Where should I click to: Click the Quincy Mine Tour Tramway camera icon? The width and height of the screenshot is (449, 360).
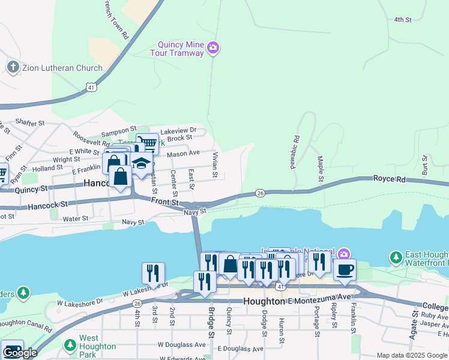pyautogui.click(x=212, y=47)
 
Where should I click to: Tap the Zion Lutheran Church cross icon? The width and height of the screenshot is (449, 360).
pyautogui.click(x=13, y=67)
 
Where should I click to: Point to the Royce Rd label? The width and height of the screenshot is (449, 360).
pyautogui.click(x=390, y=179)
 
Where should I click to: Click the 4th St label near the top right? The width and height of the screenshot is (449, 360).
pyautogui.click(x=402, y=20)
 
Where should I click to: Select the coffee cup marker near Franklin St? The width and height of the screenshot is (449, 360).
pyautogui.click(x=345, y=269)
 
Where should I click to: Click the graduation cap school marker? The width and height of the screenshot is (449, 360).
pyautogui.click(x=141, y=164)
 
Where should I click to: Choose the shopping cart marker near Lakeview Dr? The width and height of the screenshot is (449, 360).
pyautogui.click(x=148, y=143)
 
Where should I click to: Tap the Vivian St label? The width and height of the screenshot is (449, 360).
pyautogui.click(x=214, y=164)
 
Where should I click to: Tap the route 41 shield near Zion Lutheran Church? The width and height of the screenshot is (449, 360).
pyautogui.click(x=91, y=87)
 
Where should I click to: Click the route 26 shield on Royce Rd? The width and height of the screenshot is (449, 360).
pyautogui.click(x=260, y=193)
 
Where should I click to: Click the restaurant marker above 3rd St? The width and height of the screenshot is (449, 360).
pyautogui.click(x=153, y=273)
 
